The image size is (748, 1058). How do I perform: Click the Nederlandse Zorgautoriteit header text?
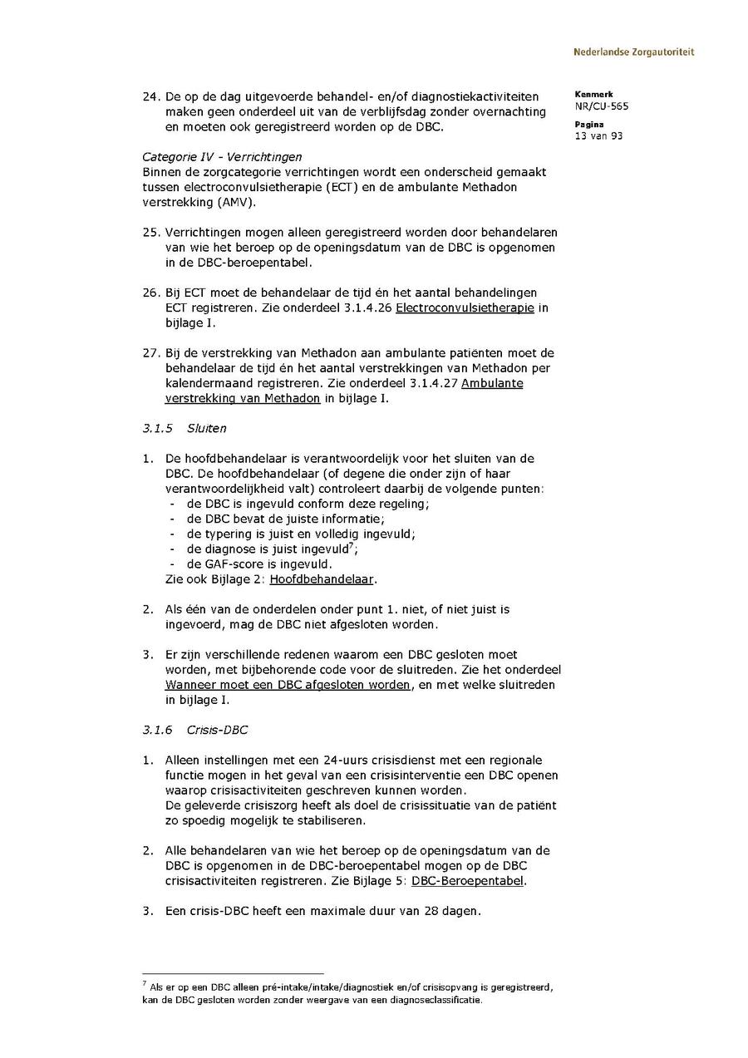coord(633,52)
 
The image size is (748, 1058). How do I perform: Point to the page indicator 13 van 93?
coord(598,136)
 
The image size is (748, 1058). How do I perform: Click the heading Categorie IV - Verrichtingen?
coord(222,157)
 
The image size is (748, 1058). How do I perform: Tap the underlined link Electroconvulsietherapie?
coord(465,308)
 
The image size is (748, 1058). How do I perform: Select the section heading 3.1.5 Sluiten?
coord(185,429)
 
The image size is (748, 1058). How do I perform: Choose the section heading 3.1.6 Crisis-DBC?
coord(195,730)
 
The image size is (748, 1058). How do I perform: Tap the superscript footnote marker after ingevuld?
coord(352,546)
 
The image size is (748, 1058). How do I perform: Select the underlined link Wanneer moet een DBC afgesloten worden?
coord(288,685)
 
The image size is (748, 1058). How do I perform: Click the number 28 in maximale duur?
coord(426,911)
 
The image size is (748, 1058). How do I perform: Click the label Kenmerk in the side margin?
coord(593,95)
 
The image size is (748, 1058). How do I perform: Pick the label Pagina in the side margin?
coord(589,125)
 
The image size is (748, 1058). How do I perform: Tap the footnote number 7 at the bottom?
coord(145,984)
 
